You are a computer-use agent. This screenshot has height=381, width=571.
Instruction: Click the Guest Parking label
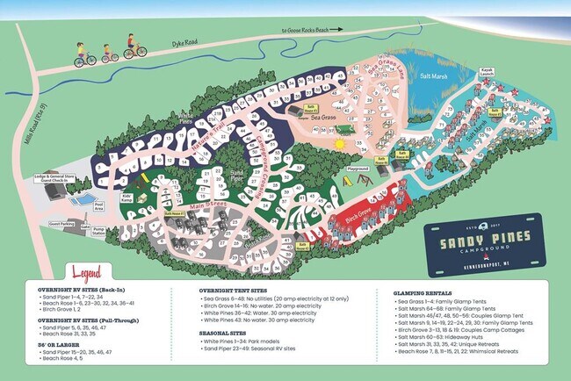click(61, 225)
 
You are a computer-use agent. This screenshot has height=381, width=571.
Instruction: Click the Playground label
click(357, 169)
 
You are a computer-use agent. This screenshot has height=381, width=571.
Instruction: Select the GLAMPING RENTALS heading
click(415, 291)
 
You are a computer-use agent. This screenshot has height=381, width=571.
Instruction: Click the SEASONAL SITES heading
click(231, 333)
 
